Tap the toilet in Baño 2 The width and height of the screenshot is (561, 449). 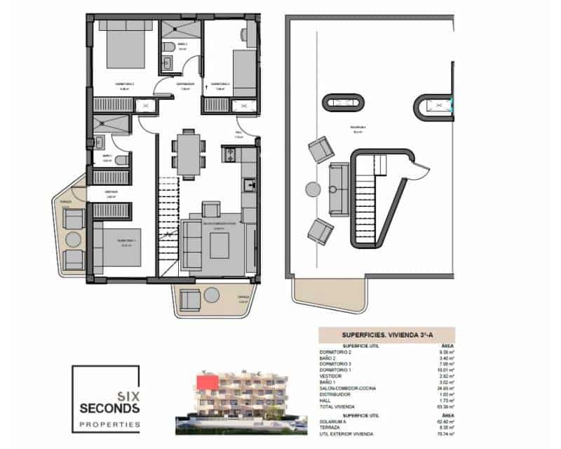click(168, 46)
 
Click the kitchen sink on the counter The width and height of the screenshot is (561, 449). click(249, 185)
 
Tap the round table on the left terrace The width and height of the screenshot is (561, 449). click(74, 239)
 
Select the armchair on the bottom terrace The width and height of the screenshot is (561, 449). click(190, 300)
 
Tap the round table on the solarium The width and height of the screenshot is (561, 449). click(312, 189)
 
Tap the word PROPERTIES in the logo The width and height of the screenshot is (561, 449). click(108, 424)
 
